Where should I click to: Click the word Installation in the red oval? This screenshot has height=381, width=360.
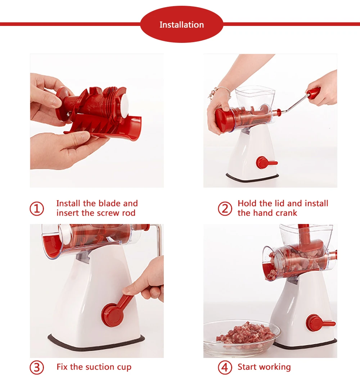(181, 25)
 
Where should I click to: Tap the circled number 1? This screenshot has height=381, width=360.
(37, 209)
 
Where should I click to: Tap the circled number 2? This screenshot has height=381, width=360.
(225, 209)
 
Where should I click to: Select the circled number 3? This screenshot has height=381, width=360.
(37, 367)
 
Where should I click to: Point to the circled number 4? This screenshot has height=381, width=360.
(225, 367)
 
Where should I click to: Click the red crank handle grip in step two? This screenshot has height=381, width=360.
(313, 93)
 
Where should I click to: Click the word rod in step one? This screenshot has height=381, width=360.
(129, 213)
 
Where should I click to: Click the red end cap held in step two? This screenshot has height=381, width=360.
(224, 120)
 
